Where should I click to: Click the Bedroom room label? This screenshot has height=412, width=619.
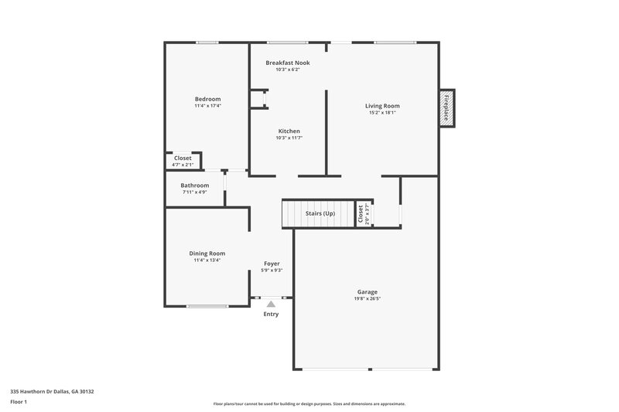click(207, 99)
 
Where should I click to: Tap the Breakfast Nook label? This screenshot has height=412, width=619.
click(288, 63)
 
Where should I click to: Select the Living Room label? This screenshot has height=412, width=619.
click(382, 106)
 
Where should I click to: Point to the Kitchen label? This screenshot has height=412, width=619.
click(289, 131)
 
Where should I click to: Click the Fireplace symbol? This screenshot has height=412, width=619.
click(446, 108)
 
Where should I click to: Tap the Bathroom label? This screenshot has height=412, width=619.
click(195, 186)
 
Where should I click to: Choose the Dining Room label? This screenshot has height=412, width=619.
click(207, 254)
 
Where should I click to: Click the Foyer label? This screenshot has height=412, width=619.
click(272, 264)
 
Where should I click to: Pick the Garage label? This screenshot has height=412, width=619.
click(368, 291)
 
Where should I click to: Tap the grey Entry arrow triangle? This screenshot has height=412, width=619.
click(271, 305)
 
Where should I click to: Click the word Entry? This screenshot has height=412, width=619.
click(271, 314)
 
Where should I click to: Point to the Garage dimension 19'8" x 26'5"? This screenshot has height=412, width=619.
click(368, 298)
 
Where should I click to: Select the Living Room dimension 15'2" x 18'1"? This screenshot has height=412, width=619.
click(382, 113)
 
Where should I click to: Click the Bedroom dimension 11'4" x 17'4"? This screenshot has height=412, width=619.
click(207, 106)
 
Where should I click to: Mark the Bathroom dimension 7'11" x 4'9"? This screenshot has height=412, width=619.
click(195, 192)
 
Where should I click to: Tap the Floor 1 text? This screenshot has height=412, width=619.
click(19, 402)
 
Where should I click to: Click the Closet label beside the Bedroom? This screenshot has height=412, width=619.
click(183, 158)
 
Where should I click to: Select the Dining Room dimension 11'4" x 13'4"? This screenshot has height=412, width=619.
click(207, 260)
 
